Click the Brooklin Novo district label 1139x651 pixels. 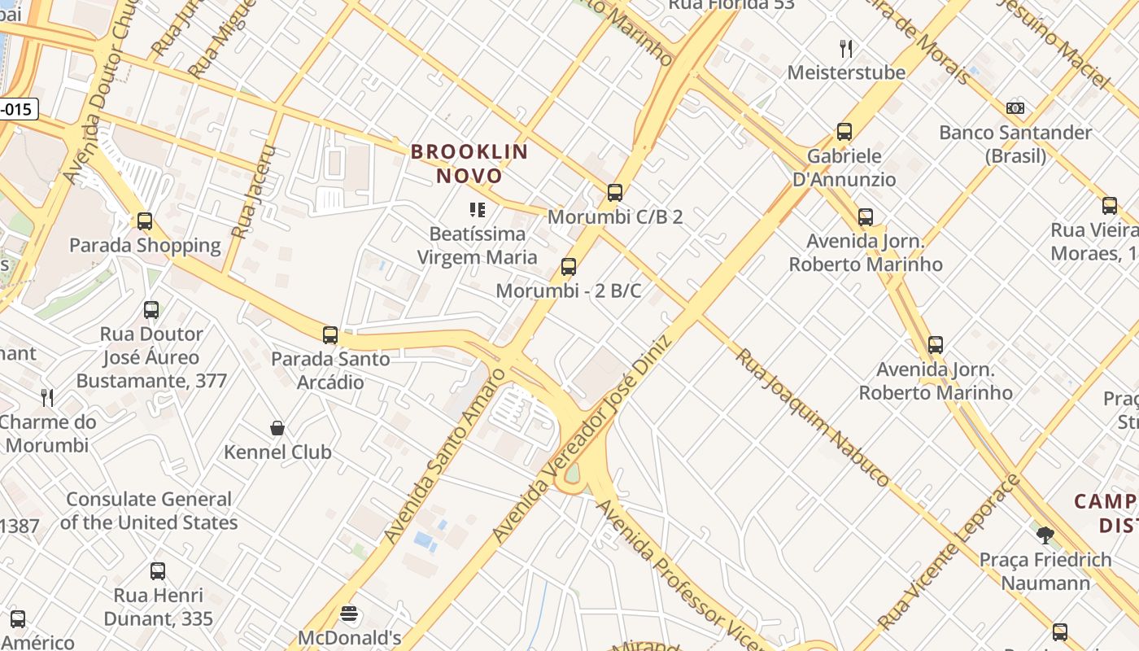click(469, 164)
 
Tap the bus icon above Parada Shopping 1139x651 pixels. click(145, 221)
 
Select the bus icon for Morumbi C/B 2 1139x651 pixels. click(615, 193)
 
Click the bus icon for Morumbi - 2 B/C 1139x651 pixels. click(569, 267)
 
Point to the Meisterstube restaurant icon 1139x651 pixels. click(846, 49)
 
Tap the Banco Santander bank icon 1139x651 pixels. click(1015, 108)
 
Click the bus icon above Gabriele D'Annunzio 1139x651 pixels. click(844, 132)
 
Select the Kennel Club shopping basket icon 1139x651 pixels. click(277, 428)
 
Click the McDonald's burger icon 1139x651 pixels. click(350, 614)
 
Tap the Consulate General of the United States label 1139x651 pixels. click(149, 511)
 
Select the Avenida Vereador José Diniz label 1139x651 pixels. click(581, 440)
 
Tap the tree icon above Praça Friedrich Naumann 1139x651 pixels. click(1045, 535)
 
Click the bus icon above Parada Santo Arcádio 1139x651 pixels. click(330, 335)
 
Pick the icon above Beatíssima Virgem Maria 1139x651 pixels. click(478, 211)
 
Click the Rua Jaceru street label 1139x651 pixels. click(255, 192)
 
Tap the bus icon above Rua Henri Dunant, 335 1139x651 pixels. click(158, 571)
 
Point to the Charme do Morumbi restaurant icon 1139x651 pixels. click(48, 398)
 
